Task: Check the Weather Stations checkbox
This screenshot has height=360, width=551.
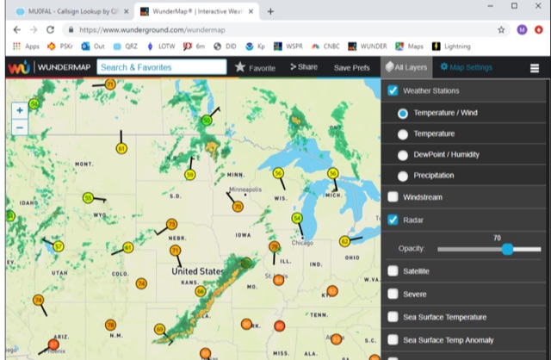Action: (393, 90)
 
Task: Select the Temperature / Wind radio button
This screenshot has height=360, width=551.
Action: (403, 113)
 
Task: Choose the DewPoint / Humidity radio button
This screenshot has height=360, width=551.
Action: (403, 154)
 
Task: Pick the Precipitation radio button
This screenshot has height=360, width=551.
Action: (403, 175)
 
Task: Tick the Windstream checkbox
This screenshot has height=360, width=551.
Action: (393, 197)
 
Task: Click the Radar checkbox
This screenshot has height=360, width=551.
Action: (393, 220)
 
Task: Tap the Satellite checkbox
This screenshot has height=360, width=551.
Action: (393, 271)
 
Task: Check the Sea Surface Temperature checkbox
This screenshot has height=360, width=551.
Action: (393, 317)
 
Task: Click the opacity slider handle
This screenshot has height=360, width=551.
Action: (507, 249)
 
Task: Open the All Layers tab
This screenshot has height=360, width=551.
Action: (406, 66)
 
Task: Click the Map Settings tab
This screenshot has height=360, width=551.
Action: (466, 66)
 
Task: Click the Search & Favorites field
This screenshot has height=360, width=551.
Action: (161, 66)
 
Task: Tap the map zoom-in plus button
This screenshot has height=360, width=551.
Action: (20, 110)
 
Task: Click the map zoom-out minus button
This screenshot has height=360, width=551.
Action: (20, 127)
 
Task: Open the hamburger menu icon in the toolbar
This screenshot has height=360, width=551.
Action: (535, 67)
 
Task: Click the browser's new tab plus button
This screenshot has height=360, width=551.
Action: (270, 11)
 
